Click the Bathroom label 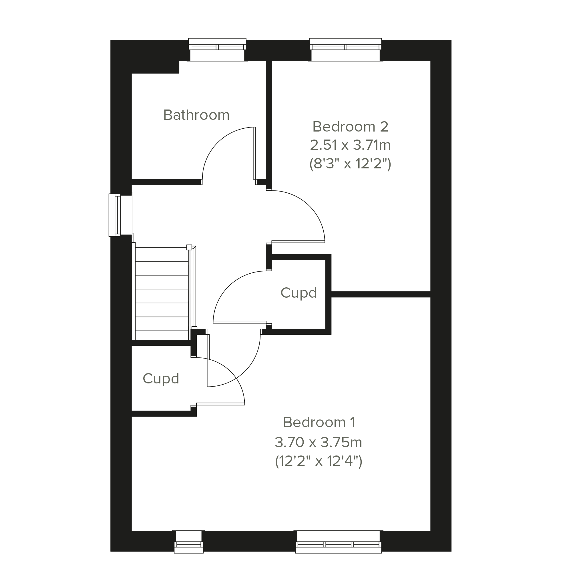[x=196, y=115]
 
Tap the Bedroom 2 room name [x=350, y=127]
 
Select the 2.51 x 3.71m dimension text [x=350, y=145]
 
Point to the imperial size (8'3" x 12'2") [x=350, y=164]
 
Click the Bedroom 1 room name [x=319, y=422]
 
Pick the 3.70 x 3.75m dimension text [x=319, y=442]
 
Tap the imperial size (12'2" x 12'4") [x=319, y=461]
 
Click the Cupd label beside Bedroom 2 [x=299, y=293]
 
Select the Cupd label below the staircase [x=161, y=379]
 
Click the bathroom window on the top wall [x=217, y=50]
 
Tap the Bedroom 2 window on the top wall [x=346, y=50]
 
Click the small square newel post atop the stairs [x=189, y=247]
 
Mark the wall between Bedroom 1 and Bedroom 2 [x=381, y=294]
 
